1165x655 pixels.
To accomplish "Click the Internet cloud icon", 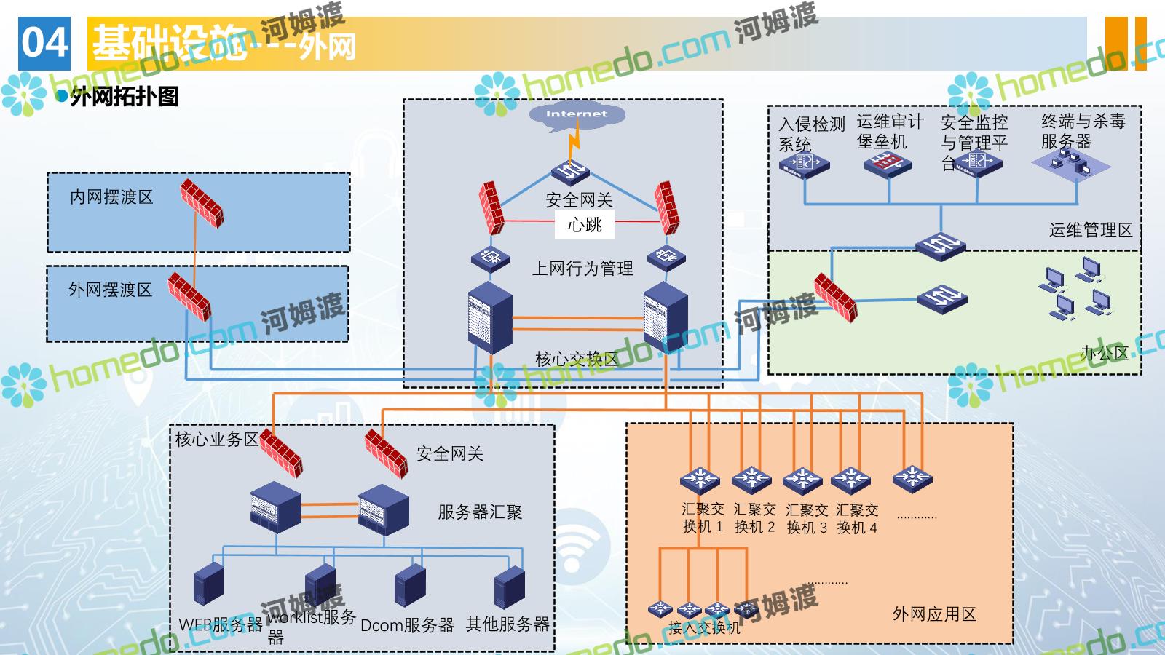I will click(576, 116).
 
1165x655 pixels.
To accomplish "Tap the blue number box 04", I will click(44, 44).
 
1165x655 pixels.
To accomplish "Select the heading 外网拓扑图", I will click(124, 97).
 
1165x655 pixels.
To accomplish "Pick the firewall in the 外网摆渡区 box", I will click(189, 296).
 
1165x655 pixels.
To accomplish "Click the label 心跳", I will click(585, 225).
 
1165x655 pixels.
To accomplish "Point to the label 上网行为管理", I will click(582, 269).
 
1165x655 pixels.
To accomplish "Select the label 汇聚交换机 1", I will click(703, 517).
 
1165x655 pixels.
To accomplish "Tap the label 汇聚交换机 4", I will click(857, 518).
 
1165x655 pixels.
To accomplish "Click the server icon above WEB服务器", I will click(209, 583).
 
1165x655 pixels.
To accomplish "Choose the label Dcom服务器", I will click(407, 625).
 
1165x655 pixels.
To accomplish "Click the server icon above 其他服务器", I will click(509, 587).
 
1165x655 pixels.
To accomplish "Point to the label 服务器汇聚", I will click(480, 512).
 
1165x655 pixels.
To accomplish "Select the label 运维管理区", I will click(1090, 230).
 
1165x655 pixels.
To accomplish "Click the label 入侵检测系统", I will click(810, 134).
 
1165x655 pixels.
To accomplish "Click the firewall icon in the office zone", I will click(835, 297).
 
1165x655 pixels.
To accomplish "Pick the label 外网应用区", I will click(934, 614).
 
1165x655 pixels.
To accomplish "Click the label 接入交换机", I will click(703, 627).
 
